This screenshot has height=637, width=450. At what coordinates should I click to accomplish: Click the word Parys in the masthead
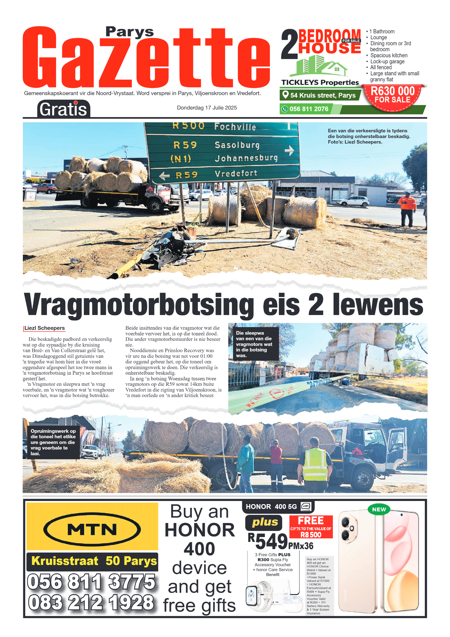pyautogui.click(x=129, y=32)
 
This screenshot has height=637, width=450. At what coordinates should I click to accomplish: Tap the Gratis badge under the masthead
pyautogui.click(x=63, y=109)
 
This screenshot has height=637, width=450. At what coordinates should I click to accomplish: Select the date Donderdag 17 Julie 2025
pyautogui.click(x=207, y=108)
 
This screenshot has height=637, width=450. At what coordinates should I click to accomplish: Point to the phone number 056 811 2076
pyautogui.click(x=309, y=109)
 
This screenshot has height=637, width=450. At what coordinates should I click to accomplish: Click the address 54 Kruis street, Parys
pyautogui.click(x=322, y=95)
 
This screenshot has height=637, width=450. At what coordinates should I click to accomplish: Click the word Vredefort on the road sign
pyautogui.click(x=236, y=173)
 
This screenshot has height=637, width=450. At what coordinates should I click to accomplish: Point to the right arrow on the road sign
pyautogui.click(x=289, y=150)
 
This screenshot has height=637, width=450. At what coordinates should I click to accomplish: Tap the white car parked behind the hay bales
pyautogui.click(x=353, y=201)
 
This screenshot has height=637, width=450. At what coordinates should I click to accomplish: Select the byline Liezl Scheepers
pyautogui.click(x=44, y=328)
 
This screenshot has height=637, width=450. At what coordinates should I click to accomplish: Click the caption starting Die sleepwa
pyautogui.click(x=254, y=344)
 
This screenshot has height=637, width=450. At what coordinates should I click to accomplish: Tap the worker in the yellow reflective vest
pyautogui.click(x=315, y=461)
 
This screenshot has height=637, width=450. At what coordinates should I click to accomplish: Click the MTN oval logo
pyautogui.click(x=92, y=530)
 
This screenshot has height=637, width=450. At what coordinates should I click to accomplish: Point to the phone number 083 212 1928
pyautogui.click(x=91, y=602)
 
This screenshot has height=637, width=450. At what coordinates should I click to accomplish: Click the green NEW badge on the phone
pyautogui.click(x=379, y=510)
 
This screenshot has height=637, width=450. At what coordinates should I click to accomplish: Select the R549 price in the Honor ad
pyautogui.click(x=268, y=541)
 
